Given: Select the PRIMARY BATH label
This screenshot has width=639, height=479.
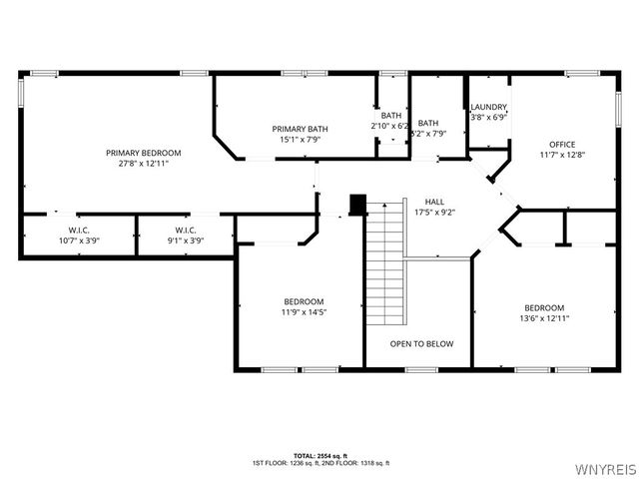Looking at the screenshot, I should tap(300, 129).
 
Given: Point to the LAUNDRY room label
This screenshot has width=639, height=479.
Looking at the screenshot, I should tap(489, 107).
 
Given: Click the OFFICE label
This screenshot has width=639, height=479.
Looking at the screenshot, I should tap(562, 144).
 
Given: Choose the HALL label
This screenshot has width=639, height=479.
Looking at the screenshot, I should tap(434, 201).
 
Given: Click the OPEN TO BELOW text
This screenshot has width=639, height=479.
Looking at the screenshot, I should tap(421, 343).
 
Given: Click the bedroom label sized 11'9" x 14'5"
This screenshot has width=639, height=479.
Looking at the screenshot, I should tap(303, 301).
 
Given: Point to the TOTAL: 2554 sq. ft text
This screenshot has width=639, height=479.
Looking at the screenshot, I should tap(320, 455).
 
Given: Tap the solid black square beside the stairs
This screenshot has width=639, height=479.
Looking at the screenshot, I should tap(357, 204).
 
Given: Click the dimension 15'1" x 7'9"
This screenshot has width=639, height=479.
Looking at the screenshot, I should tap(300, 140).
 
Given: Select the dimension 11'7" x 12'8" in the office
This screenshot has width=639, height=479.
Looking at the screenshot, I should tap(562, 155).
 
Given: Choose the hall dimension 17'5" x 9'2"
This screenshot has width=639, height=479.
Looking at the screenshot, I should tap(434, 212).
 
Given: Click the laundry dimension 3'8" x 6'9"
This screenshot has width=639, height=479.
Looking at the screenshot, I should tap(489, 117).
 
